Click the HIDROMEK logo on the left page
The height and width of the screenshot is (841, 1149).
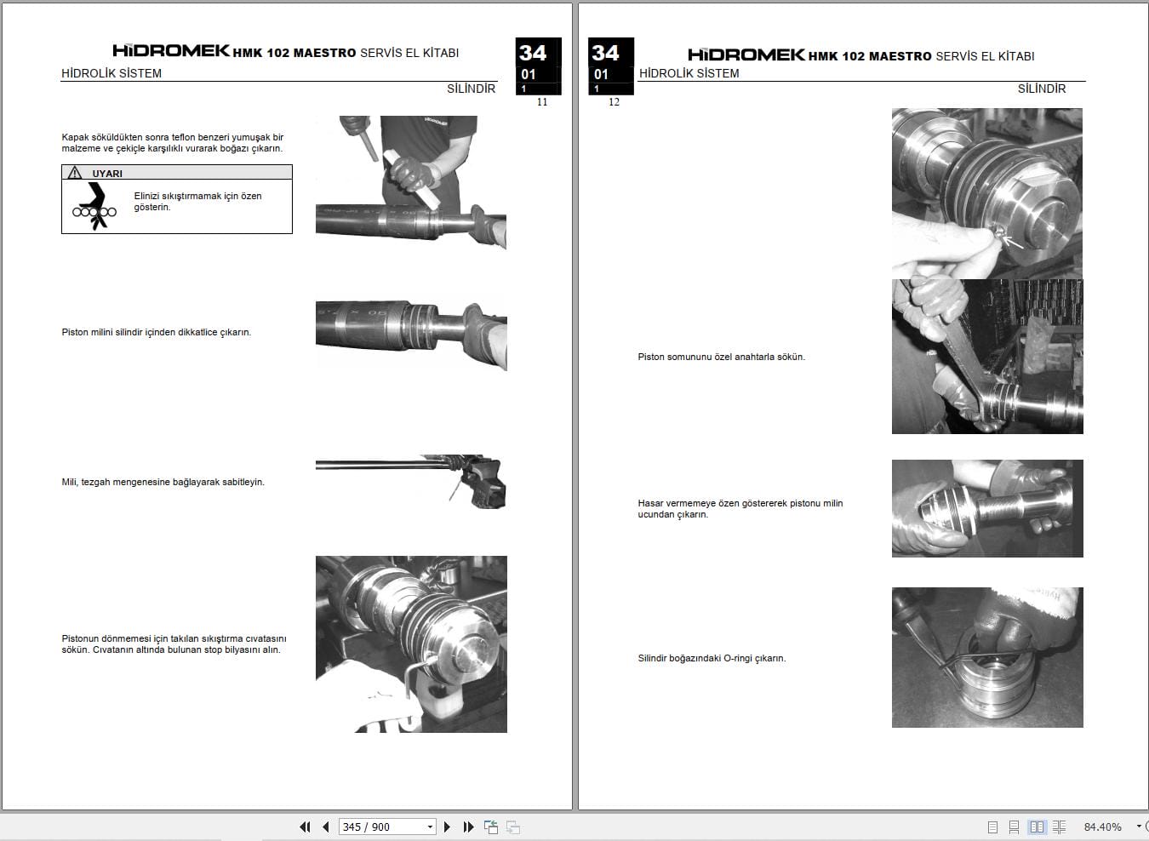(171, 51)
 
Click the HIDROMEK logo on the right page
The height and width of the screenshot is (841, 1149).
(746, 54)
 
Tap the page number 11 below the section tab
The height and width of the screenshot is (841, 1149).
(542, 102)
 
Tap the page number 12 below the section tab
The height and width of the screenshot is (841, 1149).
(614, 102)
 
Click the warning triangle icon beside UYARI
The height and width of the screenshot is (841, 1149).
(76, 173)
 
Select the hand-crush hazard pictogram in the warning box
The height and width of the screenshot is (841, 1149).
(94, 207)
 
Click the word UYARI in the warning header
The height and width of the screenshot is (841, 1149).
(107, 174)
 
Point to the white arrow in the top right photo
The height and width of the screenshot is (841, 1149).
(1014, 242)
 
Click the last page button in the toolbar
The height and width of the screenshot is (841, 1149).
(468, 827)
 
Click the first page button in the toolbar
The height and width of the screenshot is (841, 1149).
(305, 827)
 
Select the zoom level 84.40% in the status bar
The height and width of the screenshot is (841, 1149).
(1102, 827)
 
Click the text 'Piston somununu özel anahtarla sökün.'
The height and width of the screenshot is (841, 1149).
(721, 357)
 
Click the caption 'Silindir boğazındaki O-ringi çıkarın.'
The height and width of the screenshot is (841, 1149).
(712, 658)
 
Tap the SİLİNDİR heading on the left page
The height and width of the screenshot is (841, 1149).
(471, 89)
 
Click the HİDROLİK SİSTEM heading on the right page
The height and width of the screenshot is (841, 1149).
(689, 73)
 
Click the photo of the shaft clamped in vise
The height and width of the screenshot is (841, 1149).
(411, 482)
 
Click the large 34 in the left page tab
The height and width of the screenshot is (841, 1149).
(533, 53)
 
